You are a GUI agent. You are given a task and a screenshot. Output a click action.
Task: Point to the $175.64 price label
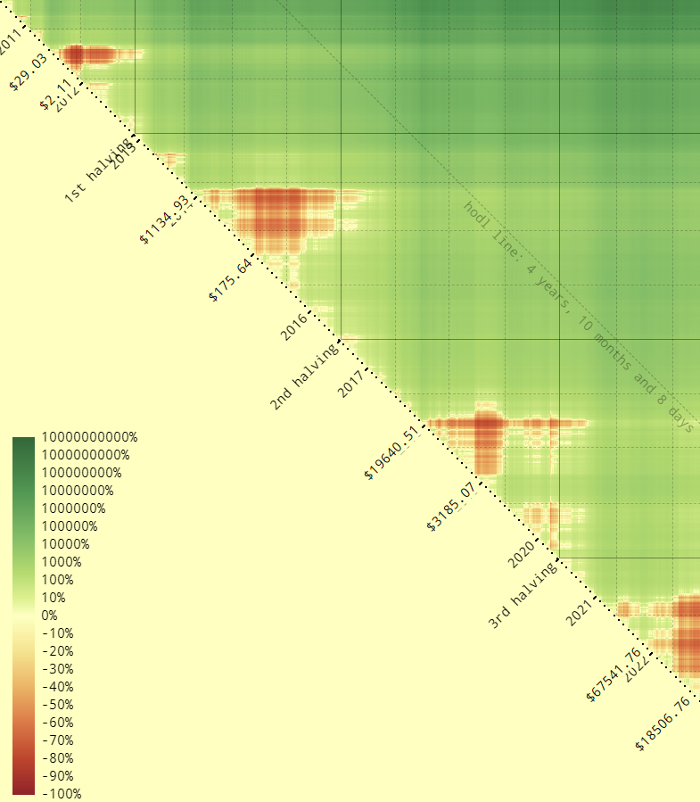coord(230,279)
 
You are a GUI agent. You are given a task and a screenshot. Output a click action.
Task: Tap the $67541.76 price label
coord(614,675)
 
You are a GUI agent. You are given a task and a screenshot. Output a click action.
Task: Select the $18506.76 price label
coord(662,723)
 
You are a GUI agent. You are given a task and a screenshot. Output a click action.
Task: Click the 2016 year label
coord(295,326)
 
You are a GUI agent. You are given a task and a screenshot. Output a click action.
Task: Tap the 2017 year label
coord(352,382)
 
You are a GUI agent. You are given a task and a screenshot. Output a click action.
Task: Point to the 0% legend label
coord(49,616)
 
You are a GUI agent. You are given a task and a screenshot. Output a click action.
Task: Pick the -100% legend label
coord(61,794)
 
